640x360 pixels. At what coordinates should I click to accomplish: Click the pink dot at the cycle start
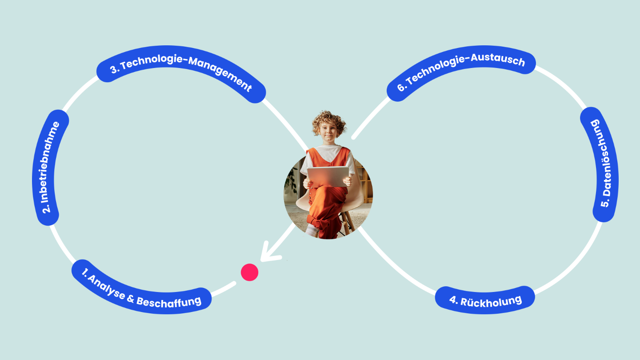[249, 272]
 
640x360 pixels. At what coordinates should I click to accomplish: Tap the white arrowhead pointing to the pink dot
[268, 253]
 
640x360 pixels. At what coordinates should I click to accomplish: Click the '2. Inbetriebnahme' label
[50, 168]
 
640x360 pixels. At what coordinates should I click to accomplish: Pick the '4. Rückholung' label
[485, 300]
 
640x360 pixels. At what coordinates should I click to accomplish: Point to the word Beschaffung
[169, 302]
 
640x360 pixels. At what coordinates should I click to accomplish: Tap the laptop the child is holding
[328, 176]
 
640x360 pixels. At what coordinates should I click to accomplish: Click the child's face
[328, 133]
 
